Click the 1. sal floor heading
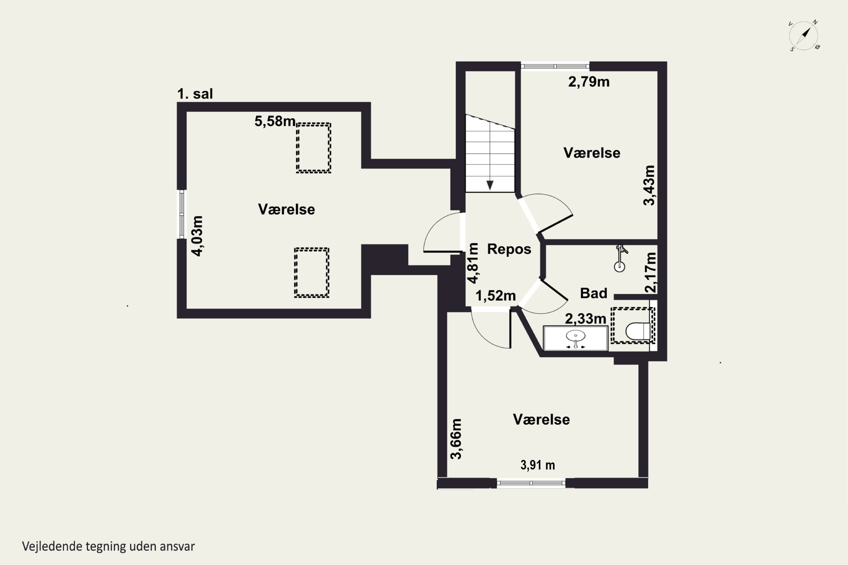(195, 94)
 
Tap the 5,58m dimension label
(275, 121)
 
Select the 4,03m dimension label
(197, 236)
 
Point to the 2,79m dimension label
(589, 82)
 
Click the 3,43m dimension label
(649, 185)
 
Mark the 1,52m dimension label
(496, 296)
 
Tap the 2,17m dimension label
(651, 272)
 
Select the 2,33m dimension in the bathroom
(585, 319)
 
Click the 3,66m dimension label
(457, 439)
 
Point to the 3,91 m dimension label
(538, 465)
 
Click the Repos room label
(509, 249)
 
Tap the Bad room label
(593, 293)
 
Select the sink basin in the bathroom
(576, 336)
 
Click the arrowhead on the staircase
(490, 186)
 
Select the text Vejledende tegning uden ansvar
(109, 547)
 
